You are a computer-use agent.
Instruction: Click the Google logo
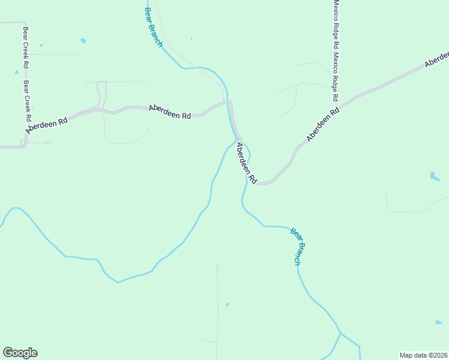(20, 353)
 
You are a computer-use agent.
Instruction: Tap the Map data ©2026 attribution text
(423, 355)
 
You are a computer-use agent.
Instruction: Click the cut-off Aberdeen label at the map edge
(437, 59)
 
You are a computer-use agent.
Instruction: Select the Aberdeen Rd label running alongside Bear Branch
(246, 163)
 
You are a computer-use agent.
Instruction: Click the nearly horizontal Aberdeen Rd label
(169, 112)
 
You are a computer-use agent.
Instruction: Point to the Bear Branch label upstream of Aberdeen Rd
(154, 27)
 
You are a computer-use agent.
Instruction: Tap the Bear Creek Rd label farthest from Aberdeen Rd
(26, 47)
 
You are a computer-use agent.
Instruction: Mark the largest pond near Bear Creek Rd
(83, 41)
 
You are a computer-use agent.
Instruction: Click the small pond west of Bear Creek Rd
(16, 73)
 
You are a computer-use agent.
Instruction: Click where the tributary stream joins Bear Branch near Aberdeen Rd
(235, 142)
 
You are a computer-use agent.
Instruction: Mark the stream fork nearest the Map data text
(340, 333)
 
